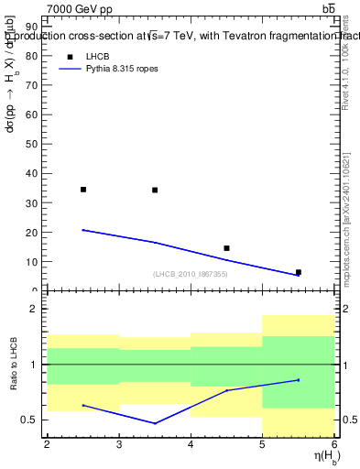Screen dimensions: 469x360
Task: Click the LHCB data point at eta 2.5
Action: click(83, 190)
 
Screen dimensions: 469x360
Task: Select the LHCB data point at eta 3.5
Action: click(155, 191)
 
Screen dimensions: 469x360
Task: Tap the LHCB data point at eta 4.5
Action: click(226, 248)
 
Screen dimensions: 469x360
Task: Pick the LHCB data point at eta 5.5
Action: click(299, 272)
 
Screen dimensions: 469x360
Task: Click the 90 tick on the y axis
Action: click(35, 27)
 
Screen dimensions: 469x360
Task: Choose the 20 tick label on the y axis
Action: click(35, 232)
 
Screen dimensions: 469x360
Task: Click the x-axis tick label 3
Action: click(119, 444)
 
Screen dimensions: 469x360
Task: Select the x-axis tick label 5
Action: click(263, 444)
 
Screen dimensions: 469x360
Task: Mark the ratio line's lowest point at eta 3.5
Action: click(155, 423)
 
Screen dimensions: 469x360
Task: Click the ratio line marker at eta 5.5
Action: click(299, 379)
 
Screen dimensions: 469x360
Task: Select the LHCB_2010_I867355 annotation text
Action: click(191, 274)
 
